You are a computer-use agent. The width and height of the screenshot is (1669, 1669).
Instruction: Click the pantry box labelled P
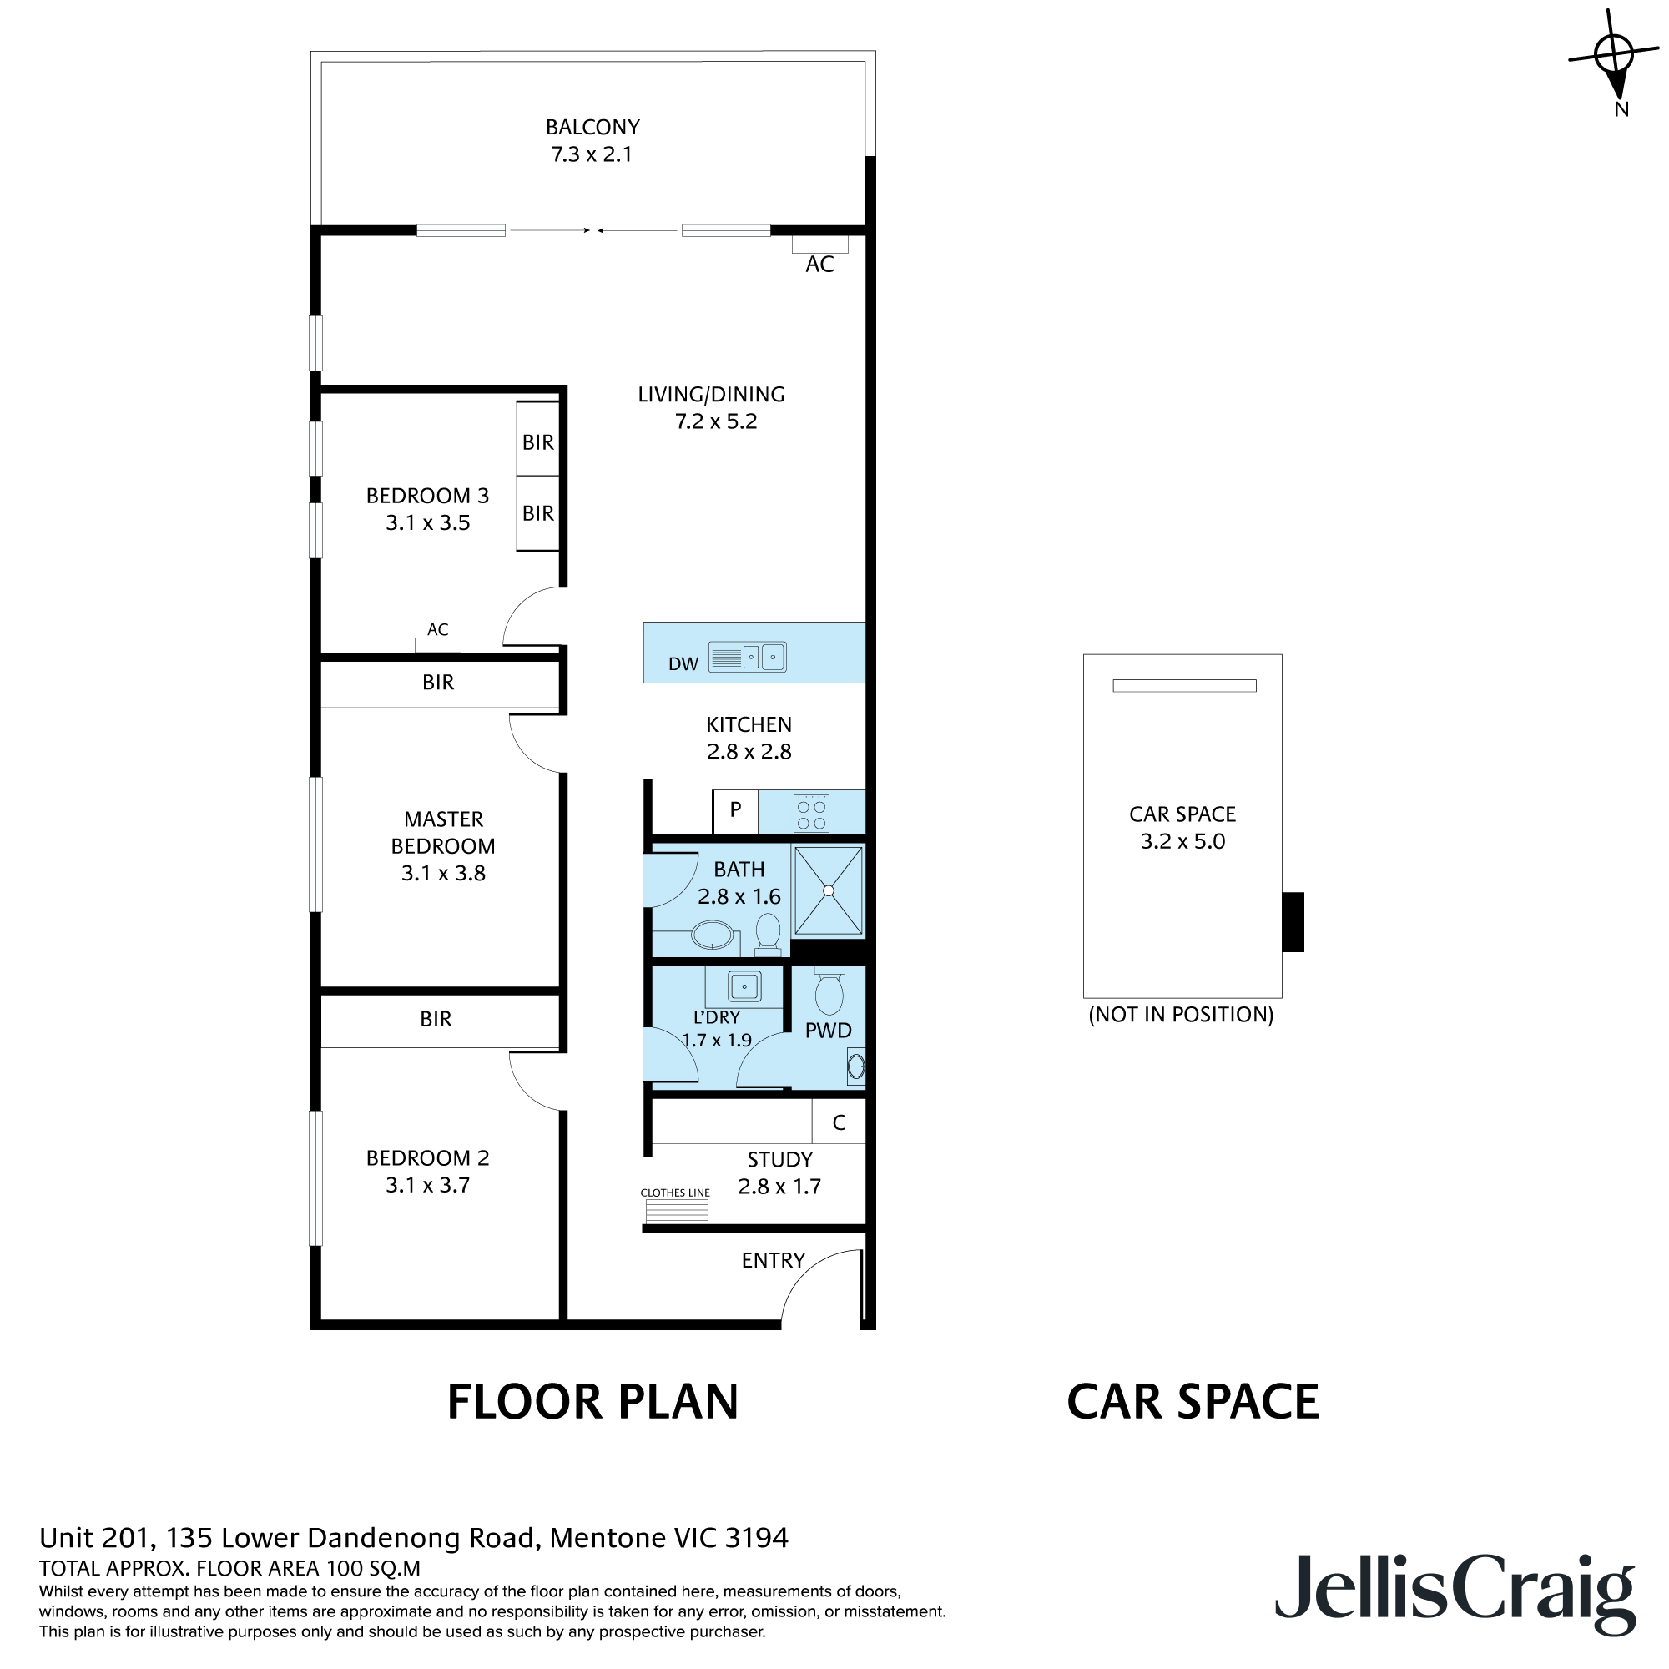click(735, 811)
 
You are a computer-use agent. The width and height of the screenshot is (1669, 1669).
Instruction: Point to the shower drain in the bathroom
click(829, 890)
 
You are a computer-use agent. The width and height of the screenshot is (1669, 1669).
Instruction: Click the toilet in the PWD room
click(829, 992)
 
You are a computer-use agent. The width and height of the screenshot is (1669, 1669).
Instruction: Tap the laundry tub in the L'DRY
click(744, 986)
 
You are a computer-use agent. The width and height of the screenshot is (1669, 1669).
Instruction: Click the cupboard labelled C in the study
click(839, 1123)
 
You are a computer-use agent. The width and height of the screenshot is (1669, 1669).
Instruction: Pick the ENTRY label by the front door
click(774, 1260)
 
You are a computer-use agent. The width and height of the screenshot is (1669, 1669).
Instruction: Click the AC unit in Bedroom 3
click(438, 644)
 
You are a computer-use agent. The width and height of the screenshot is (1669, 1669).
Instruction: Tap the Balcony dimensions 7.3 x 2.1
click(592, 154)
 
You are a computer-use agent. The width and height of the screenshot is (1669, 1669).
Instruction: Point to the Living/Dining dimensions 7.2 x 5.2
click(715, 421)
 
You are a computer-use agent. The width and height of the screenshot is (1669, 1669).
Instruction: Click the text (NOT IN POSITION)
click(1181, 1014)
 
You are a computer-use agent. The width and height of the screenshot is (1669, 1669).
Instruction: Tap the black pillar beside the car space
click(1293, 922)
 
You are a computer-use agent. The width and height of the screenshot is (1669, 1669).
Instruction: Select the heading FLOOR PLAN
click(592, 1402)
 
